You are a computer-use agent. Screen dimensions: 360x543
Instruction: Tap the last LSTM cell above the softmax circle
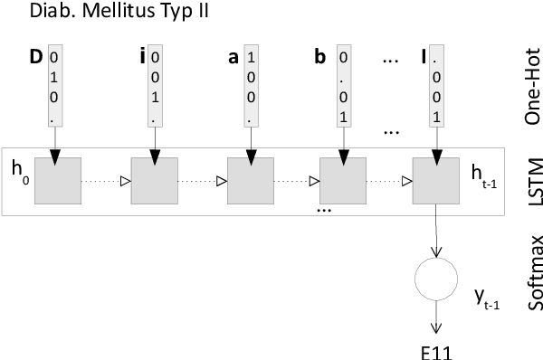(436, 181)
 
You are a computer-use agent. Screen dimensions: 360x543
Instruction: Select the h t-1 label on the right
(485, 173)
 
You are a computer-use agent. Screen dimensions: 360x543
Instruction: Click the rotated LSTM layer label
(530, 180)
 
